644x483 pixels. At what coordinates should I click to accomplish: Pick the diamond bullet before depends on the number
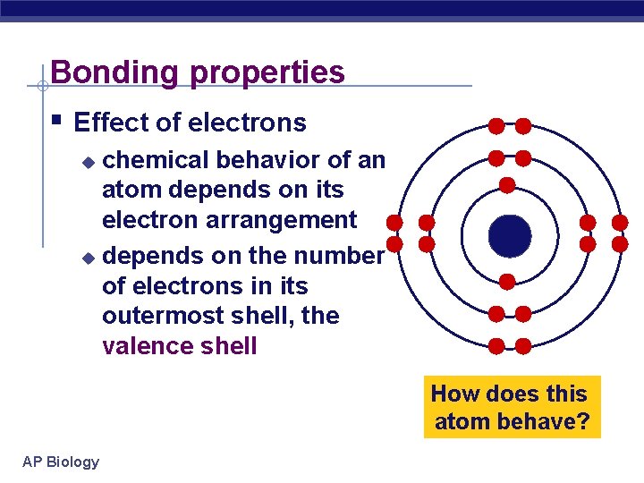pos(87,258)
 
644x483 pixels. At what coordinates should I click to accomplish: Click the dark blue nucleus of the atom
pos(510,235)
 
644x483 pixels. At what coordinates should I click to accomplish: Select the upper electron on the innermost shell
pos(507,185)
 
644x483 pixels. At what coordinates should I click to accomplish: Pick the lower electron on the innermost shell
pos(507,282)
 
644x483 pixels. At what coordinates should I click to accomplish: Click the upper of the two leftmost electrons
pos(394,222)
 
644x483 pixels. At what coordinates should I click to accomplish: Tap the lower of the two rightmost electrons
pos(619,243)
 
